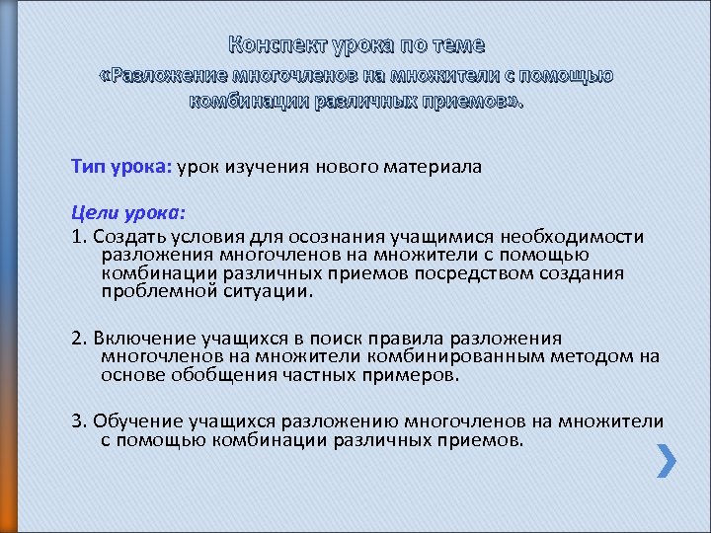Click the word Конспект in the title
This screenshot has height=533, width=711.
pos(277,45)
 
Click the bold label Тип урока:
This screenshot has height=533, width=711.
pos(121,167)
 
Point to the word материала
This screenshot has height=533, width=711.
pos(431,167)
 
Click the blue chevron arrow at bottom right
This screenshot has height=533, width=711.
pos(667,460)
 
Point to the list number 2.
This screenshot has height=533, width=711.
pos(77,339)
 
